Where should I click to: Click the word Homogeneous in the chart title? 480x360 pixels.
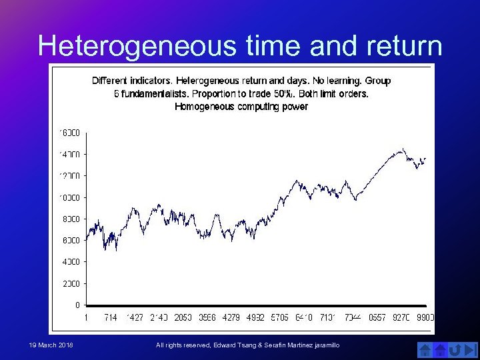[x=203, y=106]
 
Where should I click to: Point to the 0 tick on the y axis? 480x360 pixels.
[x=77, y=305]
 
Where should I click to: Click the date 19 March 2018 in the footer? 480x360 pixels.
[x=51, y=345]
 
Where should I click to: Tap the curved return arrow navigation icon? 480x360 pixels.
[x=455, y=349]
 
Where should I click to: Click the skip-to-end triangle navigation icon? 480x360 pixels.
[x=471, y=349]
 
